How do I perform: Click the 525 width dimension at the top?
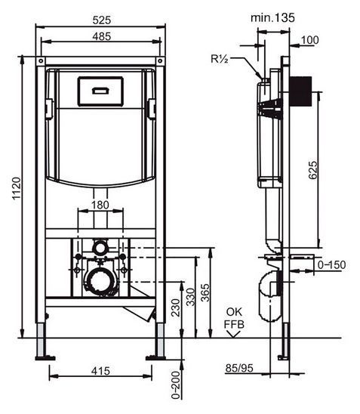[102, 20]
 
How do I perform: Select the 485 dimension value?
[102, 36]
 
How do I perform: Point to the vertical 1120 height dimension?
[17, 188]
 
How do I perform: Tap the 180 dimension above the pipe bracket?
[100, 205]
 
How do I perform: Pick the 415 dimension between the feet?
[100, 371]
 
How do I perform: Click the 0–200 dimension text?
[176, 385]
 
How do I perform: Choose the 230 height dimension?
[176, 308]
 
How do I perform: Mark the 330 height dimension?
[190, 297]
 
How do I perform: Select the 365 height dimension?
[205, 292]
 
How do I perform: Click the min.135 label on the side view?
[272, 17]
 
